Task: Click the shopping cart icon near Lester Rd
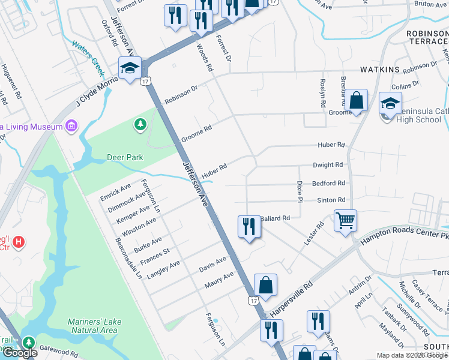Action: [345, 221]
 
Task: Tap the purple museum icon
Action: [71, 127]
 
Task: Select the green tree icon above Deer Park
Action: [140, 124]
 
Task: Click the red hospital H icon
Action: [19, 242]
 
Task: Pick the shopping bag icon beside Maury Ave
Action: [265, 285]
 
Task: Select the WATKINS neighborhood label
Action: [380, 70]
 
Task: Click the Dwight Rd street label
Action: [328, 164]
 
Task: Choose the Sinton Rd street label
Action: [332, 200]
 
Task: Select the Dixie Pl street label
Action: [298, 192]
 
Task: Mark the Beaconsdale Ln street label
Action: [127, 258]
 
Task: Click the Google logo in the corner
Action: [20, 353]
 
